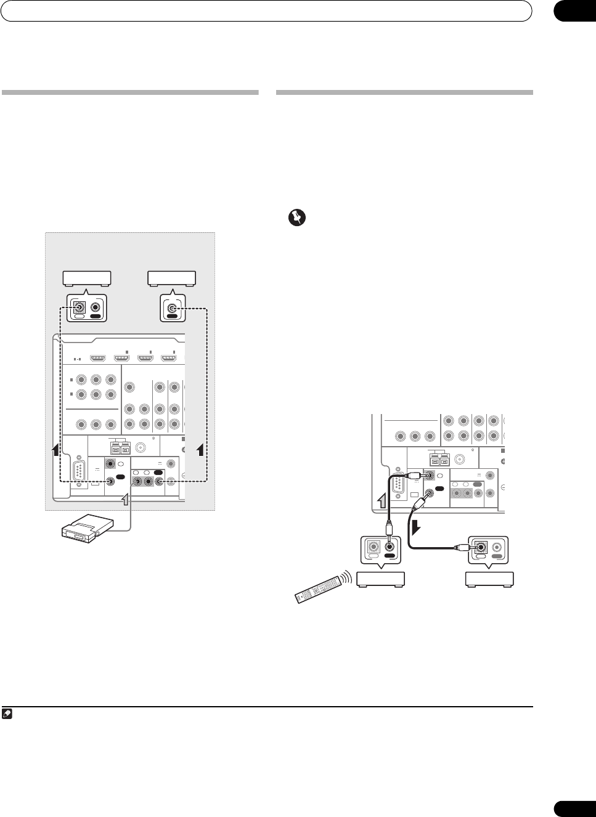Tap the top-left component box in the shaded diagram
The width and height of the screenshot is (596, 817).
(87, 279)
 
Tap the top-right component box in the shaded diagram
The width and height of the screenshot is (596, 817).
(171, 279)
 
